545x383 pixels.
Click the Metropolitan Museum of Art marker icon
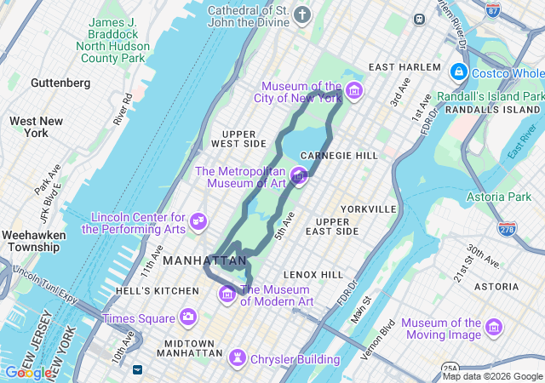point(298,176)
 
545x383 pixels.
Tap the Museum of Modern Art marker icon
point(227,294)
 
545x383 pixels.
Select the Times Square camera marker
point(187,317)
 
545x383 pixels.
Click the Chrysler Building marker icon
point(238,358)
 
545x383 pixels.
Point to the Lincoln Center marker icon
point(198,221)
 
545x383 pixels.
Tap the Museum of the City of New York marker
point(353,91)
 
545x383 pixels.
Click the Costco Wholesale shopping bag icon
point(459,72)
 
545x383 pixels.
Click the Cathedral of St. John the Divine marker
point(302,14)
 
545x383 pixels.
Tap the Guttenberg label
point(60,83)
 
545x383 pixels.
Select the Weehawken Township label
point(31,241)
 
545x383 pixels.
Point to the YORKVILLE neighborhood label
point(369,209)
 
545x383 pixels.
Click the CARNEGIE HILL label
point(339,156)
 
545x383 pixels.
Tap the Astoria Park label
point(498,197)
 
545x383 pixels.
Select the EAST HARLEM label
point(405,67)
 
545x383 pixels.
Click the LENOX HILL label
point(313,275)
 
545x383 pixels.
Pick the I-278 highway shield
point(507,228)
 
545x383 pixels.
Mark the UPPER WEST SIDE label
point(244,139)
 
